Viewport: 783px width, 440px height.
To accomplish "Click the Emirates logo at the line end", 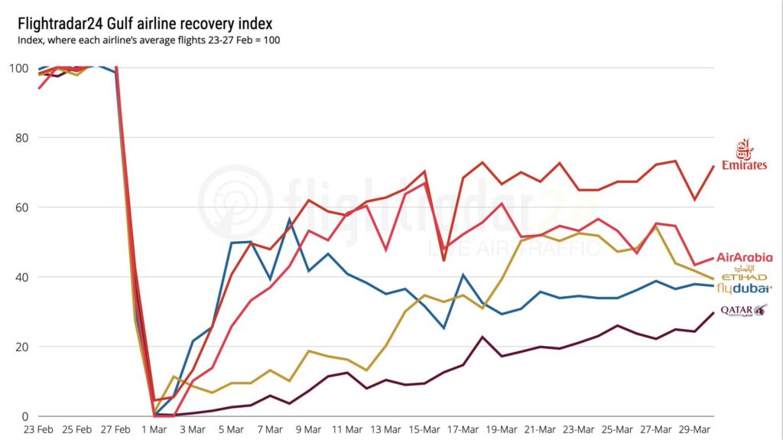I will coord(749,155).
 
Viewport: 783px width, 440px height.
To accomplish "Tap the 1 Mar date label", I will coord(155,429).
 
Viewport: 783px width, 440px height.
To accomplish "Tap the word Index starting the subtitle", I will coord(29,40).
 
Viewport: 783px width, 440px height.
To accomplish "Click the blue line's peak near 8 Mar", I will coord(290,220).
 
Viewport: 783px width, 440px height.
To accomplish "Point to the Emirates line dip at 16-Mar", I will coord(444,260).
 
